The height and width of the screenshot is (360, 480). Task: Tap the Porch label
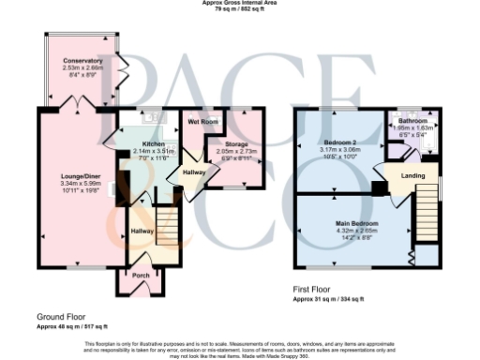pyautogui.click(x=140, y=276)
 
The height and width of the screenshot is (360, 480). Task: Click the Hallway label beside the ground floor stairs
pyautogui.click(x=141, y=231)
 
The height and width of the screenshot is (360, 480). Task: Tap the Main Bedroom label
pyautogui.click(x=356, y=222)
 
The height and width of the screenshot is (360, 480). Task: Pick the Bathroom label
pyautogui.click(x=413, y=122)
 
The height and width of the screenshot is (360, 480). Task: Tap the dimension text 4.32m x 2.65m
pyautogui.click(x=356, y=229)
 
